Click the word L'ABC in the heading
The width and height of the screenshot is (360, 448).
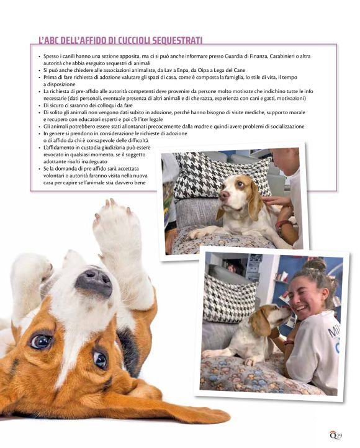[51, 40]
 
